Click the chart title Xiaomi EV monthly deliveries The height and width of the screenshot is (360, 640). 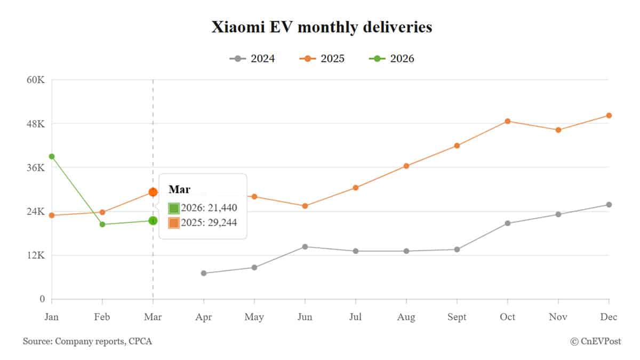pyautogui.click(x=322, y=27)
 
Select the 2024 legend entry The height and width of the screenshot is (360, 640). pyautogui.click(x=252, y=59)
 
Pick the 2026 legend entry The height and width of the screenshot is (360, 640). pyautogui.click(x=391, y=59)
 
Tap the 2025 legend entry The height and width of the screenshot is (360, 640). pyautogui.click(x=322, y=59)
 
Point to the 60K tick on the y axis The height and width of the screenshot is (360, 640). pyautogui.click(x=35, y=80)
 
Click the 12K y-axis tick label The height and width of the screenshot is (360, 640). pyautogui.click(x=35, y=255)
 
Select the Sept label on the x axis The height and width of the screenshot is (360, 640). pyautogui.click(x=457, y=317)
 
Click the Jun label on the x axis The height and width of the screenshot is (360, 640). pyautogui.click(x=305, y=317)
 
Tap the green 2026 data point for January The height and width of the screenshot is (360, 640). pyautogui.click(x=52, y=156)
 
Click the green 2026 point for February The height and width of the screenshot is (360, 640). pyautogui.click(x=102, y=224)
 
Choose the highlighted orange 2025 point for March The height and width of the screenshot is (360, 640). pyautogui.click(x=153, y=192)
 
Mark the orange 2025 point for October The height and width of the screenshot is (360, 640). pyautogui.click(x=508, y=121)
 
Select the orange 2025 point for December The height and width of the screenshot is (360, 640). pyautogui.click(x=609, y=115)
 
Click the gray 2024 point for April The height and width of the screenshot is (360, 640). pyautogui.click(x=204, y=273)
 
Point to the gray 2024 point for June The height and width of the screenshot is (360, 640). pyautogui.click(x=305, y=246)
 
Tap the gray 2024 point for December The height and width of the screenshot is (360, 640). pyautogui.click(x=609, y=204)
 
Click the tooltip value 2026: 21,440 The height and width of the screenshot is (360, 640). pyautogui.click(x=209, y=208)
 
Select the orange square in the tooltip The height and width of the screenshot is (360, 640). pyautogui.click(x=174, y=223)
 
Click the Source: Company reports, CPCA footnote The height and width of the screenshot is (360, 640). pyautogui.click(x=87, y=341)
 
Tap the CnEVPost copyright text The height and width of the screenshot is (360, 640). pyautogui.click(x=595, y=341)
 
